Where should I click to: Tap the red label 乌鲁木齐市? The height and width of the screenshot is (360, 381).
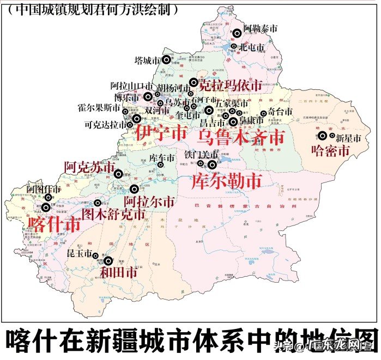tap(241, 136)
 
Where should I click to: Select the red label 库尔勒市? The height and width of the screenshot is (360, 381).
tap(226, 181)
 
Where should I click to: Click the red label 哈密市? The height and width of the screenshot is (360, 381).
tap(329, 150)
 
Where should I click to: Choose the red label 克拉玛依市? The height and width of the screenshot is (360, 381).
tap(230, 85)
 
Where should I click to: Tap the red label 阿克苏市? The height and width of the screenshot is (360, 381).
tap(89, 167)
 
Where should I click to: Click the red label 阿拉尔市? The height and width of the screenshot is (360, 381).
tap(153, 202)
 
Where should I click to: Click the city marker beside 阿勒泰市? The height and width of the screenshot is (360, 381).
tap(237, 33)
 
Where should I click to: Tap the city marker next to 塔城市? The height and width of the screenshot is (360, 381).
tap(166, 59)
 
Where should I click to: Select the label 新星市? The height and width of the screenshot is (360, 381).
tap(349, 138)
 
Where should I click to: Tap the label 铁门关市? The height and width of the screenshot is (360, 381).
tap(201, 155)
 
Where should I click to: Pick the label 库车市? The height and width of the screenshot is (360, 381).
tap(162, 158)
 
